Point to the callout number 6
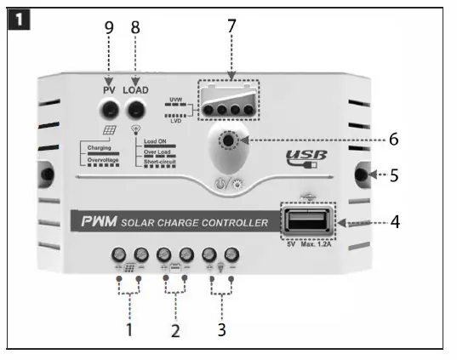392,138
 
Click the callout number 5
394,175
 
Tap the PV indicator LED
109,109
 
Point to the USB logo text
306,157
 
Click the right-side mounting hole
361,175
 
